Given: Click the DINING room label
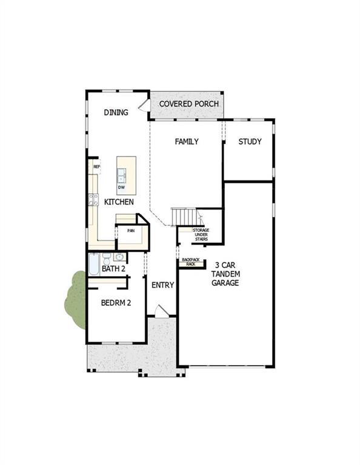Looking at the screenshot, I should pyautogui.click(x=116, y=112).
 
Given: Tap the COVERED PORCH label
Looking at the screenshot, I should pyautogui.click(x=189, y=104).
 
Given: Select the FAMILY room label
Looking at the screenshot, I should pyautogui.click(x=187, y=142).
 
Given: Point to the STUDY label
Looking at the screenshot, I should pyautogui.click(x=250, y=142).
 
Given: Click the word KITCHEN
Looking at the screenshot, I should pyautogui.click(x=119, y=202).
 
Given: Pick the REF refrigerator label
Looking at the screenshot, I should pyautogui.click(x=96, y=167).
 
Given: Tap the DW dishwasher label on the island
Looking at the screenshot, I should pyautogui.click(x=121, y=186).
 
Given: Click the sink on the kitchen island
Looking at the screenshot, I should pyautogui.click(x=122, y=176).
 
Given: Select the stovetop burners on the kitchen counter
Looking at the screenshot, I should pyautogui.click(x=94, y=199).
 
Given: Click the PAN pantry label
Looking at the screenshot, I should pyautogui.click(x=130, y=231).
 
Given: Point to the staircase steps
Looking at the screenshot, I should pyautogui.click(x=184, y=216).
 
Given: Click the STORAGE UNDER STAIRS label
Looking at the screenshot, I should pyautogui.click(x=201, y=235).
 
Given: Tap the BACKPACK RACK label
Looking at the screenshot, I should pyautogui.click(x=190, y=262).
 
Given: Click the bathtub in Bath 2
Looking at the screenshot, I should pyautogui.click(x=93, y=264).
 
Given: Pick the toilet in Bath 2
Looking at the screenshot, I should pyautogui.click(x=106, y=258).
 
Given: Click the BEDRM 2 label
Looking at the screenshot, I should pyautogui.click(x=116, y=303).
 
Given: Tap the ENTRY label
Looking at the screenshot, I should pyautogui.click(x=162, y=285).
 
